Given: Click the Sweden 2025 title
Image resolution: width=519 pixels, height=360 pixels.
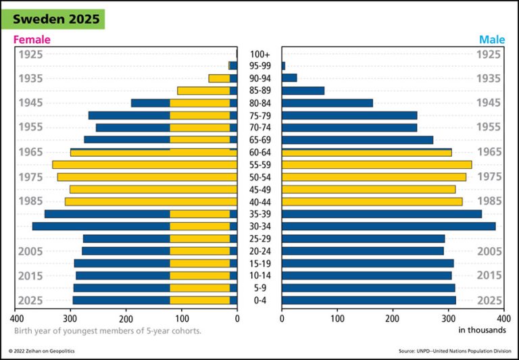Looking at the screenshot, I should click(x=57, y=19).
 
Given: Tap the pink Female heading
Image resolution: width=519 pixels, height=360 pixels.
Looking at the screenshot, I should click(x=32, y=40).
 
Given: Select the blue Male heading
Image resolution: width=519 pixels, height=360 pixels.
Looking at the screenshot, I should click(x=492, y=40).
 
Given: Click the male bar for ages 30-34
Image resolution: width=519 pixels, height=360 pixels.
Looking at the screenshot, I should click(x=389, y=226).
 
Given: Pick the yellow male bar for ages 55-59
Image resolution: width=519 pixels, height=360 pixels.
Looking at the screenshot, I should click(x=376, y=165).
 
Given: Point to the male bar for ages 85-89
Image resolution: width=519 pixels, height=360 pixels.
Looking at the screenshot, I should click(x=303, y=91).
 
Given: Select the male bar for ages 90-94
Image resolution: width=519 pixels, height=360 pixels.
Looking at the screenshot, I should click(x=289, y=78).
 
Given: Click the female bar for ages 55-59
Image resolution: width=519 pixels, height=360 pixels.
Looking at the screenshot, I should click(x=145, y=165).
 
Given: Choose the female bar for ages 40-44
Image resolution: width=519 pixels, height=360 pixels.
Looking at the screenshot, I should click(x=151, y=201).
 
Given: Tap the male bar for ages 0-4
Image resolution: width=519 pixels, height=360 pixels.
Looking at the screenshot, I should click(x=368, y=300).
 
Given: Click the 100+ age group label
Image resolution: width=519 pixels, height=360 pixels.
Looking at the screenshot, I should click(x=259, y=54).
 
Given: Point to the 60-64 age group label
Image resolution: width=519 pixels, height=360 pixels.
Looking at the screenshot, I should click(x=259, y=153).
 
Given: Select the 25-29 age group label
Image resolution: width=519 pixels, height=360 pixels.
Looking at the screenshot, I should click(x=259, y=238).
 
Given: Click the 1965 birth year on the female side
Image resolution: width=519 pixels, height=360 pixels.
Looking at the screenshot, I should click(x=30, y=152).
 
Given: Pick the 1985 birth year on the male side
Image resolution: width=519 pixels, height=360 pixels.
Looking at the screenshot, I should click(x=489, y=201).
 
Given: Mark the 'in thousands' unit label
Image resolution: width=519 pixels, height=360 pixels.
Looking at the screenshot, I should click(x=482, y=330).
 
